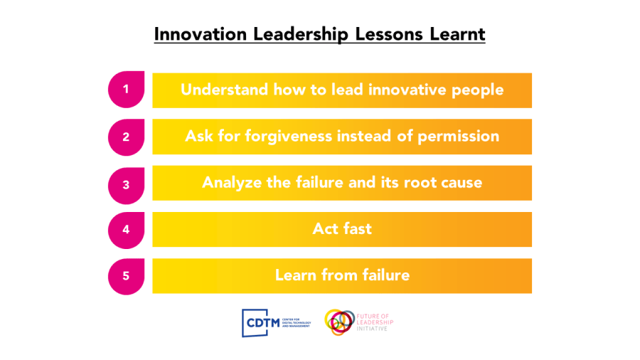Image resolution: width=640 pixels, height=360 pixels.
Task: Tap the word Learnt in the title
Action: pos(459,34)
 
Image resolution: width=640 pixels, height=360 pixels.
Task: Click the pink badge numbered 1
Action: pos(126,90)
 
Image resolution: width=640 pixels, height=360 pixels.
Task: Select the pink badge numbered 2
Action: pos(126,137)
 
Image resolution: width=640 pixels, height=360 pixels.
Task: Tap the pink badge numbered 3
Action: pos(126,184)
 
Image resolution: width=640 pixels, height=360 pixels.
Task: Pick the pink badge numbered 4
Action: pos(126,230)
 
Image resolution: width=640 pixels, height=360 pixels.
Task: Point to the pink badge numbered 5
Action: pos(126,276)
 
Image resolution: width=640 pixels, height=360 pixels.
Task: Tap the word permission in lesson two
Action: pos(458,136)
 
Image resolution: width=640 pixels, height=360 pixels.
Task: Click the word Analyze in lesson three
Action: pos(232,183)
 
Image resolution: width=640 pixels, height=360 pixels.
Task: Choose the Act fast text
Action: pos(342,229)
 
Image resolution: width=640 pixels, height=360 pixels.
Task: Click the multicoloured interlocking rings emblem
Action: pos(339,322)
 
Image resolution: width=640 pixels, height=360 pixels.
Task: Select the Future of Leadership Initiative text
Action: pos(375,322)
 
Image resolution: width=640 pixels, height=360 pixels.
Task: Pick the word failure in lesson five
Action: pos(385,275)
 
